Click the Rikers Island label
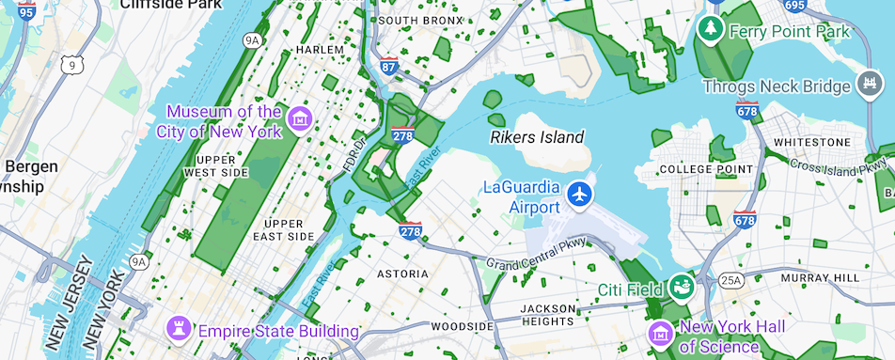(537, 137)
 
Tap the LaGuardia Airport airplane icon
(579, 195)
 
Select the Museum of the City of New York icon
(301, 119)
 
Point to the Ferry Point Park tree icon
(710, 31)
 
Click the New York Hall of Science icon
(661, 332)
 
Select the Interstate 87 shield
(389, 66)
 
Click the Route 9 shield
(71, 65)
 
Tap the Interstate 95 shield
(25, 11)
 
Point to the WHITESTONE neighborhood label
(810, 142)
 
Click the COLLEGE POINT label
(708, 169)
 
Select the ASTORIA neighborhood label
(402, 274)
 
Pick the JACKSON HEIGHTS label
(547, 316)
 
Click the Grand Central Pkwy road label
(535, 254)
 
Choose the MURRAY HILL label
(819, 278)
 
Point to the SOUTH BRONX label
(420, 20)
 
